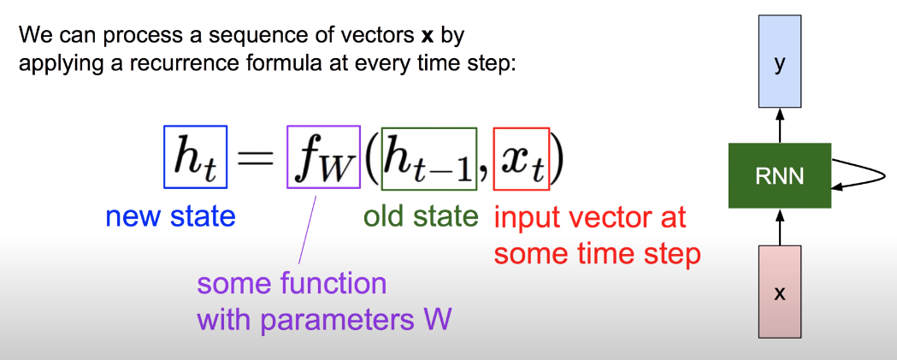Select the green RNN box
[779, 175]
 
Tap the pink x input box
[779, 292]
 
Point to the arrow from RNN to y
[779, 125]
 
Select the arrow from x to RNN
[779, 227]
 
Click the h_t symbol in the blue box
[195, 159]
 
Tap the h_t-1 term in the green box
[428, 159]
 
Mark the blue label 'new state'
[170, 217]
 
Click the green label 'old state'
[421, 217]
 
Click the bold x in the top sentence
[427, 38]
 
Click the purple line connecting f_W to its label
[307, 226]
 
